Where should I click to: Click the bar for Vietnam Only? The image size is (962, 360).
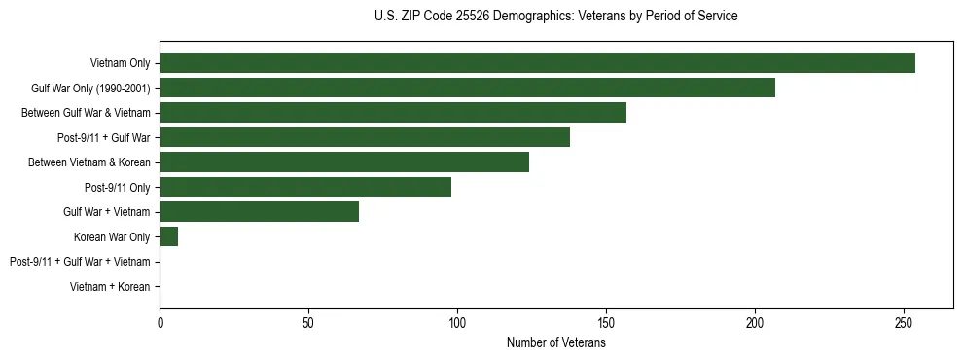pos(537,63)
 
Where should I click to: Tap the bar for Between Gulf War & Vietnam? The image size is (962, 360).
pos(393,113)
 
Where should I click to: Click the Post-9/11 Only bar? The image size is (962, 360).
pos(305,187)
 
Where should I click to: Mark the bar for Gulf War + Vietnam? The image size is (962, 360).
pos(259,212)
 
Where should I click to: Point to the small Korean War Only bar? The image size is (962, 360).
pos(169,236)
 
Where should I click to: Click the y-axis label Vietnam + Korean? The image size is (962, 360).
pos(110,287)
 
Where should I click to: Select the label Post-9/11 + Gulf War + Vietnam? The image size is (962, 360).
pos(80,262)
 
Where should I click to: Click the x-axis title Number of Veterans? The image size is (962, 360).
pos(556,343)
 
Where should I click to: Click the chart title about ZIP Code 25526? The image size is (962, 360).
pos(555,17)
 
